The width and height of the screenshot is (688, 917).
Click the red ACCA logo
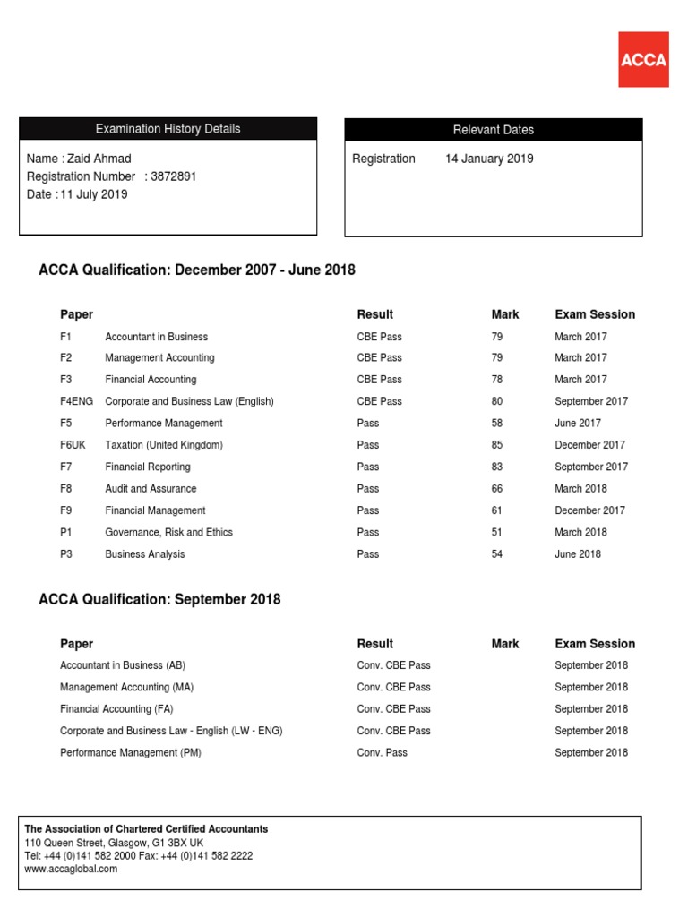pyautogui.click(x=642, y=59)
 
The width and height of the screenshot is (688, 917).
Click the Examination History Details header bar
pyautogui.click(x=168, y=129)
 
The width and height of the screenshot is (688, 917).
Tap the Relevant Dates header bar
pyautogui.click(x=493, y=130)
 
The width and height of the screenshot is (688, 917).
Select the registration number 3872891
pyautogui.click(x=174, y=176)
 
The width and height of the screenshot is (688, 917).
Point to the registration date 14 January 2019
pyautogui.click(x=489, y=159)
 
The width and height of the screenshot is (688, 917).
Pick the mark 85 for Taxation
pyautogui.click(x=497, y=445)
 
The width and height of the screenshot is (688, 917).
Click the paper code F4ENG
pyautogui.click(x=76, y=401)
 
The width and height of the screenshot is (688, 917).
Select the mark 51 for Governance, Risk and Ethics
pyautogui.click(x=497, y=532)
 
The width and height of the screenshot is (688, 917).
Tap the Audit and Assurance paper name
pyautogui.click(x=150, y=489)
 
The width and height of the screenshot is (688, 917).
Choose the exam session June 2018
pyautogui.click(x=578, y=554)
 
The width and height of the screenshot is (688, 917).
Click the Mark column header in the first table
pyautogui.click(x=505, y=314)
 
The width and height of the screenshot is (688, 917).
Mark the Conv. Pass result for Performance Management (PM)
pyautogui.click(x=382, y=753)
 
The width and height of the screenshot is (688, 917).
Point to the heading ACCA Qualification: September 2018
pyautogui.click(x=159, y=600)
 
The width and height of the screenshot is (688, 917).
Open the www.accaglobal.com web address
pyautogui.click(x=71, y=869)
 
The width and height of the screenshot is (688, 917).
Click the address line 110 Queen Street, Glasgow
pyautogui.click(x=114, y=843)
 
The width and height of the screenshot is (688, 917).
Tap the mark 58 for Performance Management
pyautogui.click(x=497, y=424)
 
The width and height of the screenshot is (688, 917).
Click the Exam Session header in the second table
pyautogui.click(x=595, y=644)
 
